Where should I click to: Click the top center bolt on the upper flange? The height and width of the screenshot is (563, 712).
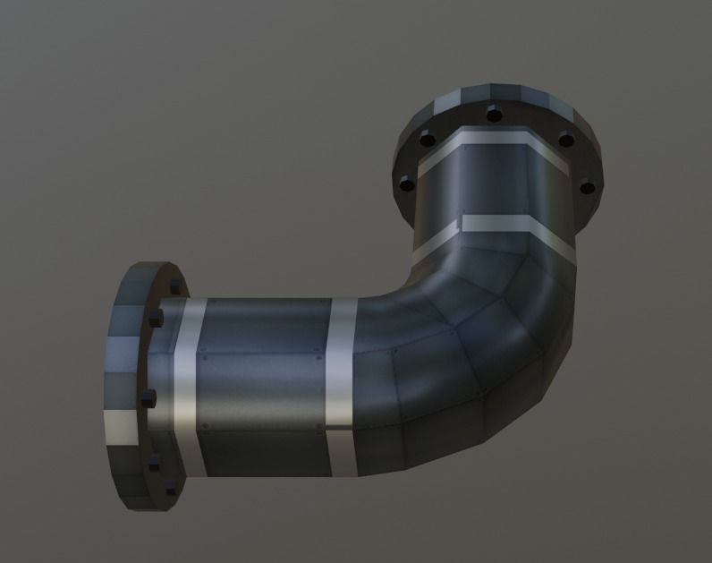click(x=492, y=114)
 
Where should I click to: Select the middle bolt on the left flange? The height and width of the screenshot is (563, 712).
click(x=149, y=397)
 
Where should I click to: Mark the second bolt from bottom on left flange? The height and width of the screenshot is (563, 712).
click(x=154, y=462)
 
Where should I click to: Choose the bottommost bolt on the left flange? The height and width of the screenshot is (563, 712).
click(x=170, y=489)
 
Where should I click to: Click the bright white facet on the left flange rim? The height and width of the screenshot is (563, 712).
click(x=121, y=428)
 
